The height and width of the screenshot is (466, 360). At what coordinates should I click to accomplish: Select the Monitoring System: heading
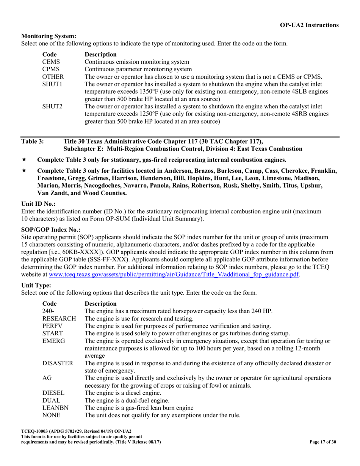click(49, 36)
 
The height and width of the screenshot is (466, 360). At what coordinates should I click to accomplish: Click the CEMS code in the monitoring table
click(51, 62)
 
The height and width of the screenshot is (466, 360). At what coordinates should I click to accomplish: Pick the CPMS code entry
click(51, 69)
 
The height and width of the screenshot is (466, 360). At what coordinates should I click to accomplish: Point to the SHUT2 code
click(52, 107)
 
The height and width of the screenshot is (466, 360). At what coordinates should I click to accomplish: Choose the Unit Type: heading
click(36, 285)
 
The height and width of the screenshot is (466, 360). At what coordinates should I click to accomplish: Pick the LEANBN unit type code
click(55, 408)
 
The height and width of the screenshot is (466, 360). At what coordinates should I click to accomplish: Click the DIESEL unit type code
click(53, 393)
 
